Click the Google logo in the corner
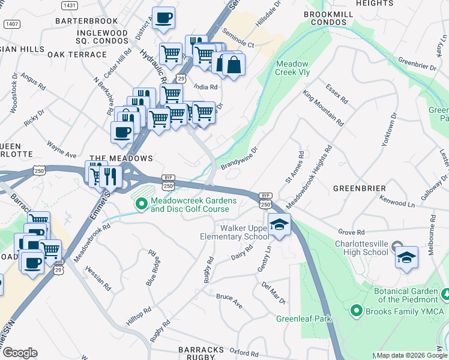coord(19,353)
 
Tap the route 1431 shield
coord(70,5)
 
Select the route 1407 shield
coord(11,24)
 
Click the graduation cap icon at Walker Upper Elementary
coord(279,224)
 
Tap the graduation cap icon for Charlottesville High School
coord(406,257)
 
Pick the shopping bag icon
coord(234,65)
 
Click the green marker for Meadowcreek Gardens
coord(142,205)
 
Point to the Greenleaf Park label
coord(304,319)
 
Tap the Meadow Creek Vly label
coord(292,68)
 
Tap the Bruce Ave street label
coord(229,301)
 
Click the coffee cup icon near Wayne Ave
coord(121,131)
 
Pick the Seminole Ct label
coord(238,38)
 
